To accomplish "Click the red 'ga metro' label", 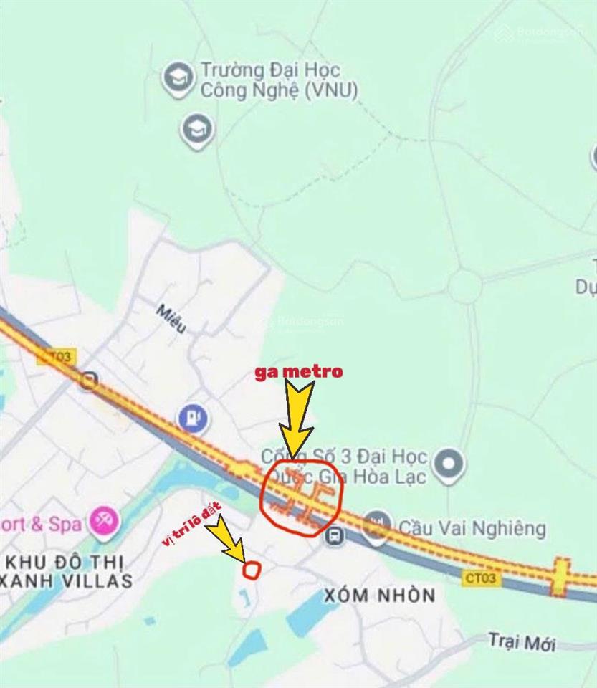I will pyautogui.click(x=299, y=372).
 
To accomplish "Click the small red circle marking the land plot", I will pyautogui.click(x=252, y=570).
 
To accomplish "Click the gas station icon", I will pyautogui.click(x=192, y=418).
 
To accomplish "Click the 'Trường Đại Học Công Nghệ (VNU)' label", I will pyautogui.click(x=279, y=80).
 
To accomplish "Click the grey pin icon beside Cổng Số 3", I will pyautogui.click(x=449, y=464).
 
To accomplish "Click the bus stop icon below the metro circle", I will pyautogui.click(x=334, y=535).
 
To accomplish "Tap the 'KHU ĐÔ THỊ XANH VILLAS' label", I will pyautogui.click(x=68, y=570).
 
